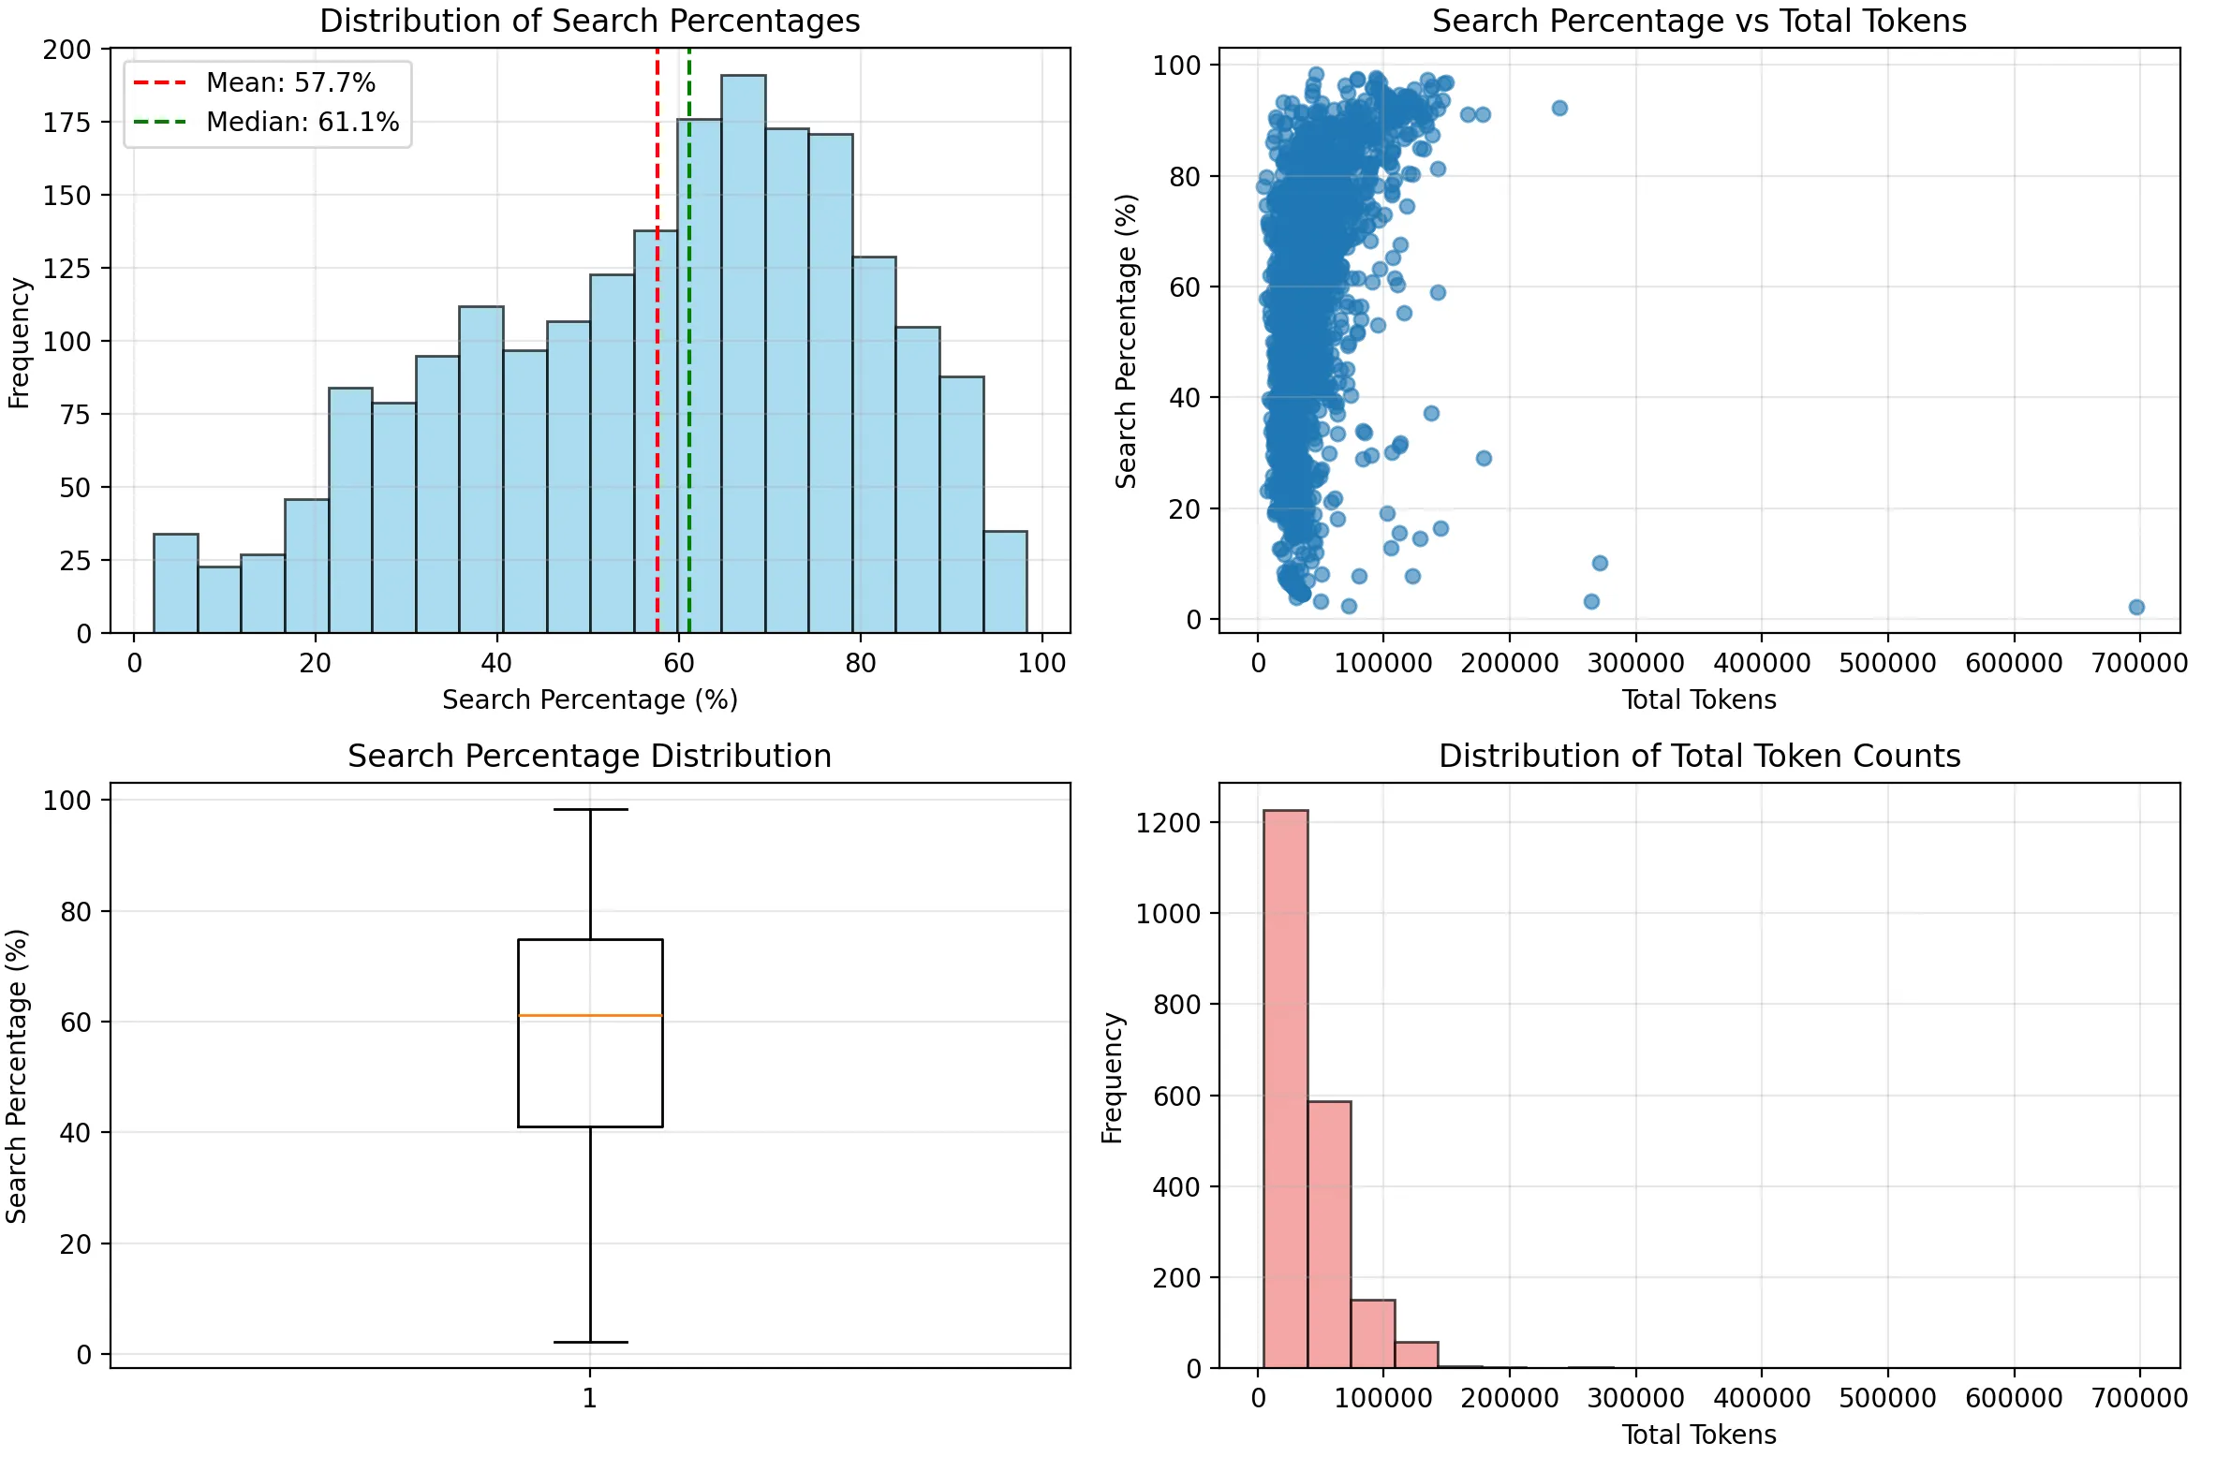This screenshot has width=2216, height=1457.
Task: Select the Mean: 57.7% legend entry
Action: (290, 82)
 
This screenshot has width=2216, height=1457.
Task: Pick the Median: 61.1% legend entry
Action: (302, 122)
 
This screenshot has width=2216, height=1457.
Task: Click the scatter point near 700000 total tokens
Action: (2136, 607)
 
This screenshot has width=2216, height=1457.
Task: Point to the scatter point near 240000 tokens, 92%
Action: (1559, 108)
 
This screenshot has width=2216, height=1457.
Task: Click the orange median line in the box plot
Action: (590, 1015)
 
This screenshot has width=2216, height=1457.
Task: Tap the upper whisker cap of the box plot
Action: (590, 809)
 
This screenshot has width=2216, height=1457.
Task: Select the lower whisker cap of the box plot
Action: (590, 1342)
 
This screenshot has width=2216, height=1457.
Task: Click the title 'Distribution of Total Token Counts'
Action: (1699, 756)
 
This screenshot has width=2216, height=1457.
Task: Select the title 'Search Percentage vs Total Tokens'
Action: (1699, 21)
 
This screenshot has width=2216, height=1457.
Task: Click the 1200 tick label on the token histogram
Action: (1168, 823)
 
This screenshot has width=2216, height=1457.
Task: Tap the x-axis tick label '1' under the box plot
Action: (589, 1398)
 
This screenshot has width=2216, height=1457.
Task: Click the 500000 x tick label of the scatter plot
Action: (1887, 663)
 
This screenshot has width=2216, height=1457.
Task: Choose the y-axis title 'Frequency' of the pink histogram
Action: (1112, 1077)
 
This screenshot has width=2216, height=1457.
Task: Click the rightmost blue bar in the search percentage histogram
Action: (1005, 581)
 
